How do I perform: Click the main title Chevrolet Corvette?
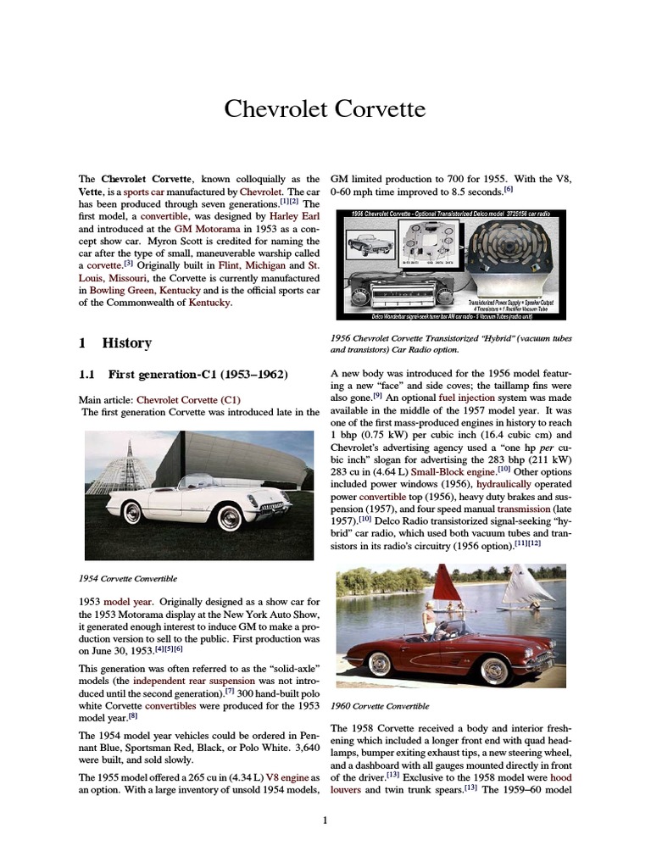point(325,109)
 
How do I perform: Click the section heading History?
point(126,342)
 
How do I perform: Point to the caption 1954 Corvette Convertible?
point(127,578)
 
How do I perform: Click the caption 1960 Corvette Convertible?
point(380,705)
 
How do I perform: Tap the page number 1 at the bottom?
point(325,820)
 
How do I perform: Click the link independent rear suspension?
point(181,680)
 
